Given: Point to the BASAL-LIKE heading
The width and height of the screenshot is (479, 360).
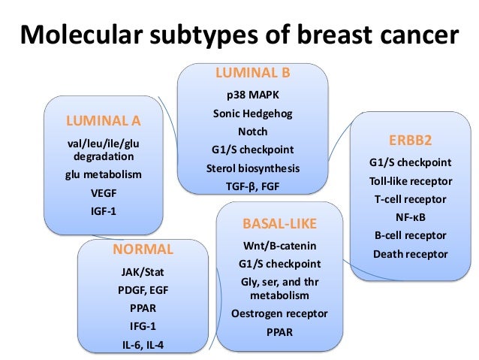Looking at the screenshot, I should coord(279,224).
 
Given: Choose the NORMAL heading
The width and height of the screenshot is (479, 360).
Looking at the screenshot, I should coord(143,250).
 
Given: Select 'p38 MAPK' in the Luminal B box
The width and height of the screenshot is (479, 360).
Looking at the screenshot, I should coord(252,96).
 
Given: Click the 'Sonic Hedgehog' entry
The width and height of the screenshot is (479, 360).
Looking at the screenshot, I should coord(252,114).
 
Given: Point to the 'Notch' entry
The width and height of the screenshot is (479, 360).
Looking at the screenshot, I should coord(252,132).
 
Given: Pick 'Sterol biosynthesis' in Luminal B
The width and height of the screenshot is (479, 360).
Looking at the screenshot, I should coord(252,167).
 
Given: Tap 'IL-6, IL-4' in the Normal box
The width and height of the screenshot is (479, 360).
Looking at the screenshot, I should coord(143,344).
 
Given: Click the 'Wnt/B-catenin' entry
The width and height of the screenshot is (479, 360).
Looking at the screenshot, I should coord(279,247).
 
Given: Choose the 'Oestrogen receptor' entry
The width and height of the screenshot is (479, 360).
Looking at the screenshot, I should coord(279,313).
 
